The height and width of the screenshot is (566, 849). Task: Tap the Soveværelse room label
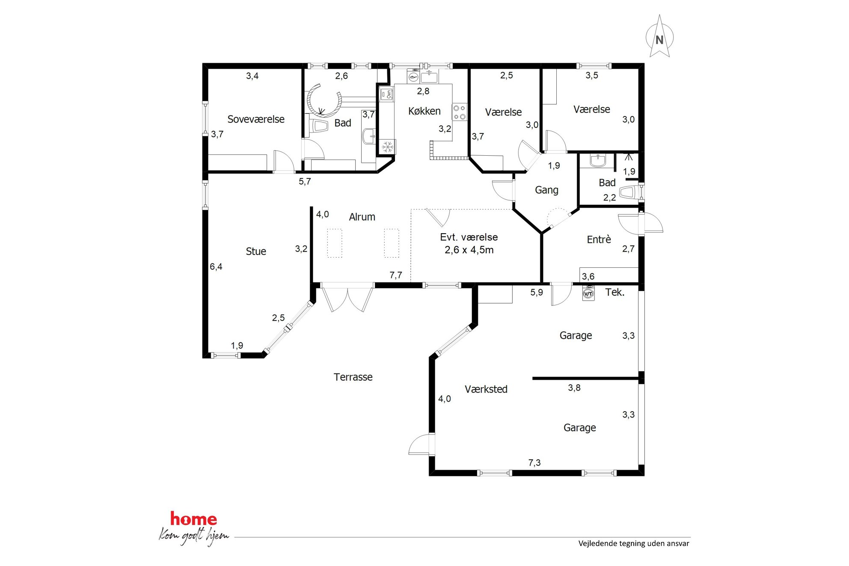click(256, 119)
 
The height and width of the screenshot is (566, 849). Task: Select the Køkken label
click(424, 111)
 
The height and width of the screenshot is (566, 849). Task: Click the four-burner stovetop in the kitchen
click(460, 112)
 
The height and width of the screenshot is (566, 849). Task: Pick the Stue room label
click(256, 252)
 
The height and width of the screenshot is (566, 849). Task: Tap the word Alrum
click(362, 217)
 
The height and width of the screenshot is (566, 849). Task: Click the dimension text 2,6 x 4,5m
click(469, 250)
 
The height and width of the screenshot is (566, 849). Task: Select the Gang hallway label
click(546, 190)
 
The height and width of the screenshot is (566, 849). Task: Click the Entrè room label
click(599, 240)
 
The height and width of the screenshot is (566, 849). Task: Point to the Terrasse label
click(353, 377)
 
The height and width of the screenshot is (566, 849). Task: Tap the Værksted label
click(486, 389)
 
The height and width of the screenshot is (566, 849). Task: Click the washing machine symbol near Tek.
click(588, 293)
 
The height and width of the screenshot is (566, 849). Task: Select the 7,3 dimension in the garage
click(534, 462)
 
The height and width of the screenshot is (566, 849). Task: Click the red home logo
click(193, 519)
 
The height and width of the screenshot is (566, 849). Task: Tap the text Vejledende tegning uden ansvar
click(634, 543)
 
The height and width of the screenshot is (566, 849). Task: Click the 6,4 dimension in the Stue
click(216, 267)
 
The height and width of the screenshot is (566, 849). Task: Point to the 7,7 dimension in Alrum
click(396, 275)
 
